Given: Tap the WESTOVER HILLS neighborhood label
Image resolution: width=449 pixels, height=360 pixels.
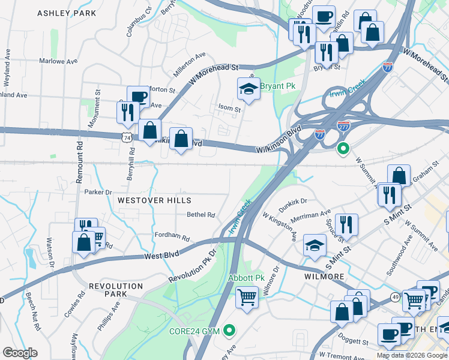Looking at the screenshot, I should pyautogui.click(x=154, y=200).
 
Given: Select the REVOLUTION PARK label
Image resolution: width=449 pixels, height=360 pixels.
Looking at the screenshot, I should pyautogui.click(x=107, y=290).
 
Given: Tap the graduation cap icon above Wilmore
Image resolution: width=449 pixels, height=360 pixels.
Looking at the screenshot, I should pyautogui.click(x=315, y=245).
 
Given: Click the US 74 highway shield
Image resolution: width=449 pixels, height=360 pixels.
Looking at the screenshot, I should pyautogui.click(x=126, y=138).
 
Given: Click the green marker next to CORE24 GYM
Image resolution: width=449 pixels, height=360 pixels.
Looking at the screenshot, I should pyautogui.click(x=229, y=330).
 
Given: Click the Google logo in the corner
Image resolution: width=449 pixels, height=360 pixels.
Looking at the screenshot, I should pyautogui.click(x=20, y=352).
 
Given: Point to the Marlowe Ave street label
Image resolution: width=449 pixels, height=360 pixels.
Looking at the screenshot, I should pyautogui.click(x=59, y=61).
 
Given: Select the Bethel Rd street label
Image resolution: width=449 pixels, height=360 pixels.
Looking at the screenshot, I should pyautogui.click(x=200, y=214).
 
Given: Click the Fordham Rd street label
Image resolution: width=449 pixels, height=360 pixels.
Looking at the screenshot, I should pyautogui.click(x=172, y=236).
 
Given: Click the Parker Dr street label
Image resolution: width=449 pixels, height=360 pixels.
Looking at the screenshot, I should pyautogui.click(x=98, y=192).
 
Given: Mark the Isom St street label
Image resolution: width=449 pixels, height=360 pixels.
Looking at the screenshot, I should pyautogui.click(x=229, y=109).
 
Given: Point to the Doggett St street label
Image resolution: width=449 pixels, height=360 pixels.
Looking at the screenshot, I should pyautogui.click(x=352, y=341).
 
